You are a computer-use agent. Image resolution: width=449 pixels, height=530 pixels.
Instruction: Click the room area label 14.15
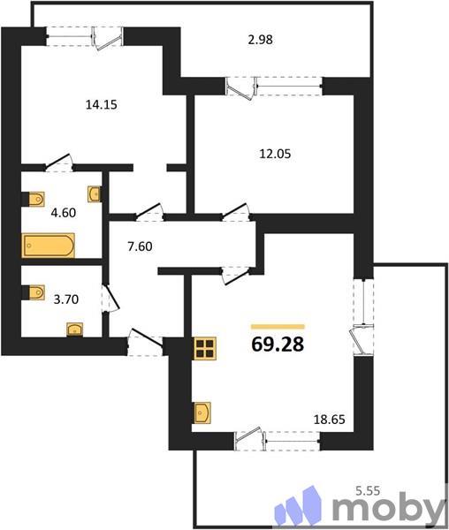click(x=101, y=104)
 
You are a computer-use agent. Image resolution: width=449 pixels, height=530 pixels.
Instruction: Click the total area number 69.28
click(x=277, y=344)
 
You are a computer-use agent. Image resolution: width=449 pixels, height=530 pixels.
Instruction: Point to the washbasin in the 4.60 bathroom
click(x=94, y=193)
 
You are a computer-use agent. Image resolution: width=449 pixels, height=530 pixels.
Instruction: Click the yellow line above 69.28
click(x=277, y=326)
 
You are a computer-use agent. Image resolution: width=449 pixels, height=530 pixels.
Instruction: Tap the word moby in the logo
click(x=387, y=509)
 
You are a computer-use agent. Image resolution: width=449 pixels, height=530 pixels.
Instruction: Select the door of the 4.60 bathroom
click(x=60, y=162)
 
